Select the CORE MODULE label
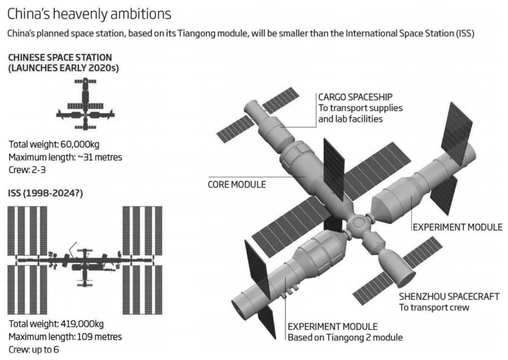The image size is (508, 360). coord(237,184)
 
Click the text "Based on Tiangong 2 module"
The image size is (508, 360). coord(344,337)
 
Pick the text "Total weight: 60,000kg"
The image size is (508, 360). coord(54,145)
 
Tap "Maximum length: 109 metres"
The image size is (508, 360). coord(65,336)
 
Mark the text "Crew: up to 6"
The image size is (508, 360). coord(35,349)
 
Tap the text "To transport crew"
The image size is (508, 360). coord(434,307)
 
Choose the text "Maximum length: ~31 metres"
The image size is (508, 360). coord(65,157)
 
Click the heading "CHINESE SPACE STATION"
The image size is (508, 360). coord(60,58)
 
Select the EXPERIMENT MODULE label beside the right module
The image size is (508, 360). coord(457,227)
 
